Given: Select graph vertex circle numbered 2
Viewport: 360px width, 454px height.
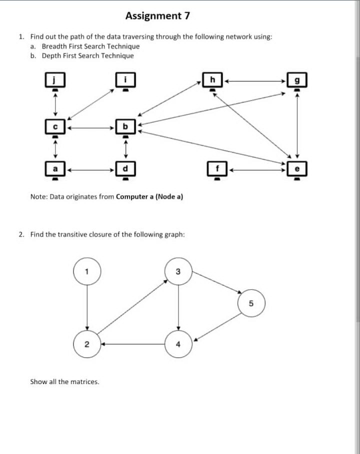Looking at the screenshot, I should [x=87, y=344].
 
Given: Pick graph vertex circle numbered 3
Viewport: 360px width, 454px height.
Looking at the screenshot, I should [x=178, y=271].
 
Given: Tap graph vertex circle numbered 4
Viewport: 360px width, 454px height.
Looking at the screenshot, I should [x=178, y=344].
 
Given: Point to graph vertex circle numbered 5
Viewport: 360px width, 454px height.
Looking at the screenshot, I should [x=251, y=303].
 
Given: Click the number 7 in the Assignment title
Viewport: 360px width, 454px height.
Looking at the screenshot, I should [x=187, y=16].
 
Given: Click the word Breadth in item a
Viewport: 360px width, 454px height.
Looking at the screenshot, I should [x=53, y=46].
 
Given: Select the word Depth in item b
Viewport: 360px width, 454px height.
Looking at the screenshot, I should [x=50, y=55].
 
